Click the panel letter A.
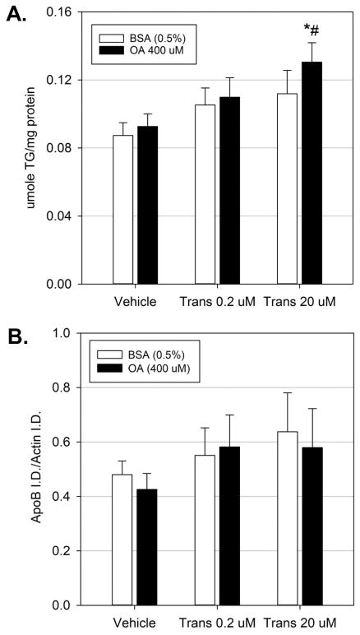point(18,16)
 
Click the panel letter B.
point(18,337)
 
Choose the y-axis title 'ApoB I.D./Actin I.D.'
point(35,469)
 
